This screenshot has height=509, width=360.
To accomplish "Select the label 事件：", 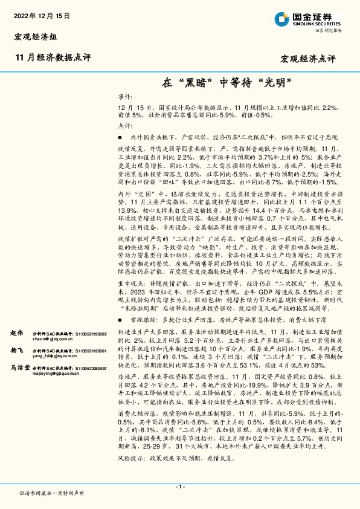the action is tap(124, 97).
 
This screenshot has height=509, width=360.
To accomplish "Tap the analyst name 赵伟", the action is tap(17, 334).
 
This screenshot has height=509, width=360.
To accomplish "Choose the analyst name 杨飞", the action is tap(17, 351).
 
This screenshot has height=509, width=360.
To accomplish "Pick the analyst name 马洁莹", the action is tap(21, 367).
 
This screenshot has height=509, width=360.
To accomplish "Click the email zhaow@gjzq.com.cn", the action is tap(54, 340).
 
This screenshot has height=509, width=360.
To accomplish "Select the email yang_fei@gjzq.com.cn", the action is tap(56, 357).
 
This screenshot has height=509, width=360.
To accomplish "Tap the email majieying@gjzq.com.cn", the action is tap(56, 374).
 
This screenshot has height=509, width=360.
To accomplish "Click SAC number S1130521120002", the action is tap(91, 334).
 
